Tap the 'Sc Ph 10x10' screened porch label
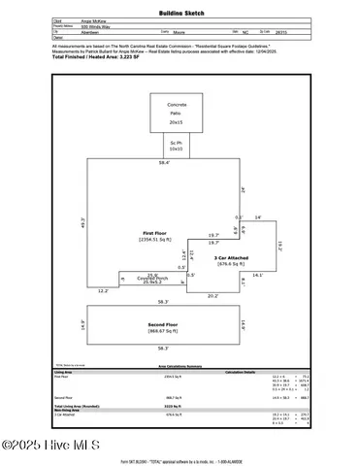pos(176,145)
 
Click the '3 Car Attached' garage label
pos(230,257)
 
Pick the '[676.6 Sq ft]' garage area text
pos(230,264)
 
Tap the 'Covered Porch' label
pos(152,278)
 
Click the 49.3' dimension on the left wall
pos(84,224)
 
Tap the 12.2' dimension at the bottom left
pos(104,291)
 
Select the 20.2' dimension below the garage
pos(213,296)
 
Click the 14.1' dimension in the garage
pos(257,276)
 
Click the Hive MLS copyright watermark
pos(43,446)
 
